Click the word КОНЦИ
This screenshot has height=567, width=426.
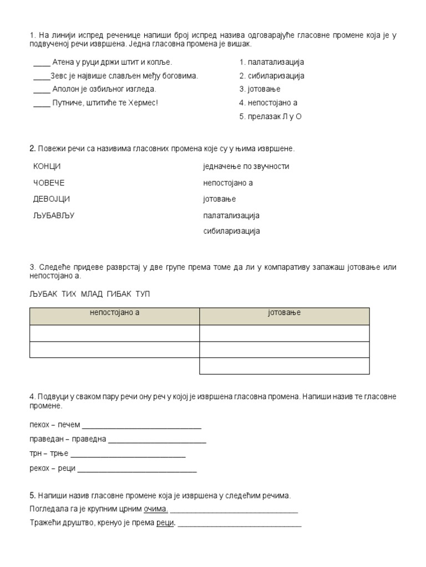pyautogui.click(x=47, y=167)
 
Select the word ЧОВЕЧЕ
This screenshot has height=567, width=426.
pyautogui.click(x=49, y=183)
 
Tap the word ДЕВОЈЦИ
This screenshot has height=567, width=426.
pyautogui.click(x=52, y=199)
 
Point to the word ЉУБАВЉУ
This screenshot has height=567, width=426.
pyautogui.click(x=54, y=215)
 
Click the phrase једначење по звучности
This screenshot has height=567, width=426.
pyautogui.click(x=246, y=167)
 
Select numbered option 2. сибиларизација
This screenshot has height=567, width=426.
pyautogui.click(x=272, y=76)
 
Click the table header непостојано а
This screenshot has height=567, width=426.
pyautogui.click(x=114, y=313)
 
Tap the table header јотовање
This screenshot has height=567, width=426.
pyautogui.click(x=284, y=313)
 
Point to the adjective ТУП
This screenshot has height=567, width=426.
pyautogui.click(x=143, y=294)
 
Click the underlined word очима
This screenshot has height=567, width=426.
pyautogui.click(x=155, y=509)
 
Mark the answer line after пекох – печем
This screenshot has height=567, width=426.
pyautogui.click(x=141, y=427)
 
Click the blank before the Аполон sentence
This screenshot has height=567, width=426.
pyautogui.click(x=42, y=91)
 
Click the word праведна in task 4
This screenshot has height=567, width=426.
pyautogui.click(x=89, y=440)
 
